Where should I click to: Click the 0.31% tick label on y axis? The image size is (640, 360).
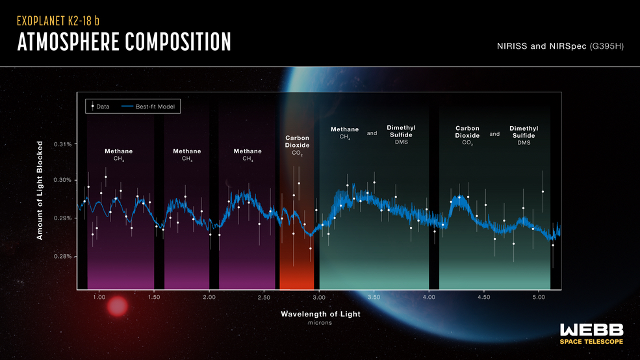tap(62, 144)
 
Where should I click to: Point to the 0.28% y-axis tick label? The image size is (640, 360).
tap(62, 256)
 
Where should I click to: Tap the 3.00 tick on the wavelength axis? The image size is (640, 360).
tap(318, 297)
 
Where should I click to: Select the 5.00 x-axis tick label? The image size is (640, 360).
tap(538, 297)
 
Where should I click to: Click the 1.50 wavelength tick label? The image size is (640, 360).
tap(154, 297)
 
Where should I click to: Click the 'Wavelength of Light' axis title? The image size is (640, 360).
tap(320, 314)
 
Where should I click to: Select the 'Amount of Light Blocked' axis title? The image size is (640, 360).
tap(40, 190)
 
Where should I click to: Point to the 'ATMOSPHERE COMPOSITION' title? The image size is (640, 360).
tap(123, 42)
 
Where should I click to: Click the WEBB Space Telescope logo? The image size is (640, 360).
tap(591, 333)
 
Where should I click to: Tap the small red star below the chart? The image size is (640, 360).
tap(118, 307)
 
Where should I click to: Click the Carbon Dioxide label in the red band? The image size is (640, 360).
tap(297, 145)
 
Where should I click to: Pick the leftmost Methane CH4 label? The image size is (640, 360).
tap(119, 154)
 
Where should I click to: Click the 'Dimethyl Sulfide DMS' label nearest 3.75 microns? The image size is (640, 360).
tap(401, 135)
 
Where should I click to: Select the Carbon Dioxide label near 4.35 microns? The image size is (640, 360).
tap(467, 135)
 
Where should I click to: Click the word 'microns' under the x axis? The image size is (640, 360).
tap(320, 323)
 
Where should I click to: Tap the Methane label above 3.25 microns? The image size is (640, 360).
tap(344, 133)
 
